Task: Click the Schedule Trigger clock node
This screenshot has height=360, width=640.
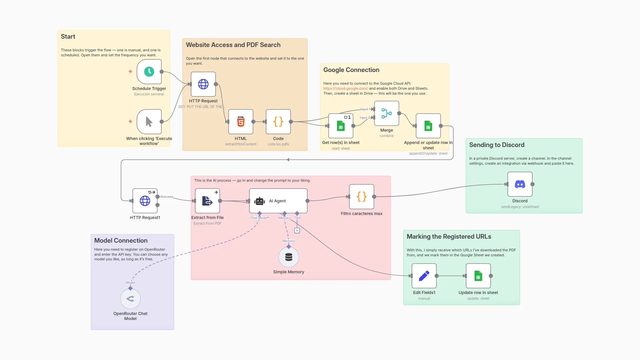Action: coord(149,72)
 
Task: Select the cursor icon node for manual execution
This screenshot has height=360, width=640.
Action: coord(149,122)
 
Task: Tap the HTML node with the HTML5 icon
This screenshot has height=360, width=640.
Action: coord(241,122)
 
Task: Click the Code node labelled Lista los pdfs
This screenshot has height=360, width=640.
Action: coord(278,122)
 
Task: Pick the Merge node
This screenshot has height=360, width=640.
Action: coord(387,113)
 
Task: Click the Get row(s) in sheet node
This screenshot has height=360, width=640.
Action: coord(341,126)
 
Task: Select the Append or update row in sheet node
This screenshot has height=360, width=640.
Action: coord(428,126)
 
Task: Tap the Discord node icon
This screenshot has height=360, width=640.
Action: coord(520,184)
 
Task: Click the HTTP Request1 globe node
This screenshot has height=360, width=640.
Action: coord(145,201)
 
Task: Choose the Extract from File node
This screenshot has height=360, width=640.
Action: coord(207,201)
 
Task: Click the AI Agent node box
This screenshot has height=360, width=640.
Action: coord(278,201)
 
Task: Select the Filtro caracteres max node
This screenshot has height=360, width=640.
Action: coord(362,197)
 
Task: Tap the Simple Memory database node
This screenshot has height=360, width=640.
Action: coord(289,257)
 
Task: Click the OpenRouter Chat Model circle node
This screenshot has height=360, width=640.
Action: coord(130,299)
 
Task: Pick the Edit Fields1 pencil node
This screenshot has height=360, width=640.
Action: coord(424,276)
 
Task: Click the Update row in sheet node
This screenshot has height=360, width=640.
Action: coord(478,276)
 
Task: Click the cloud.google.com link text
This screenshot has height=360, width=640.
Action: coord(345,88)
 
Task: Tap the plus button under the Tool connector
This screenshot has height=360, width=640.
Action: coord(297,230)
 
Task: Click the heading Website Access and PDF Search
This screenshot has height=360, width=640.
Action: coord(233,45)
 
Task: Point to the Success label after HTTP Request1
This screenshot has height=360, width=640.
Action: coord(167,197)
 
